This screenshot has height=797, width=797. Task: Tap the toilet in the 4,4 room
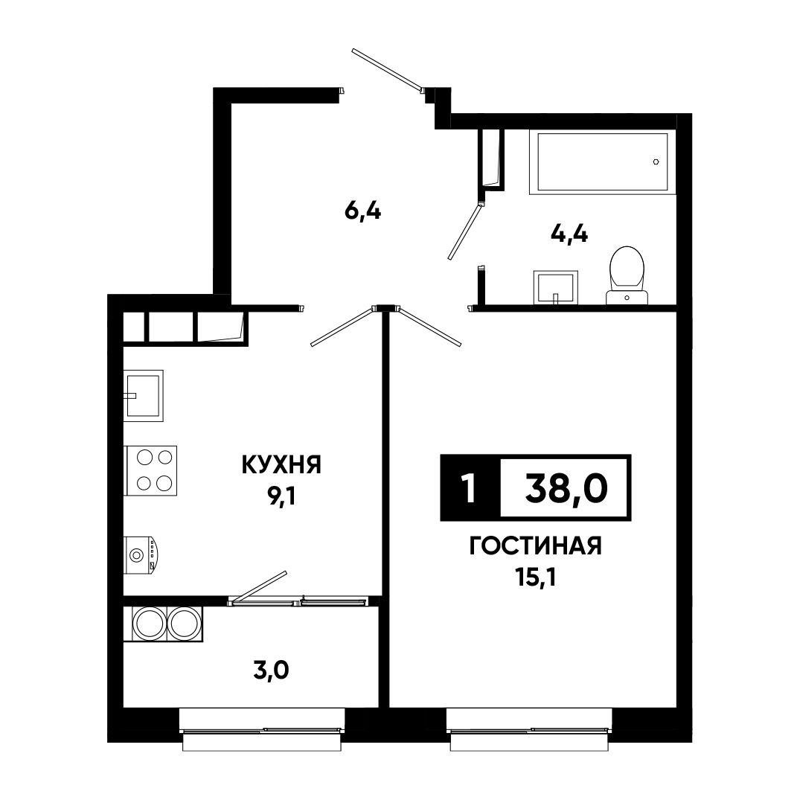[x=627, y=275]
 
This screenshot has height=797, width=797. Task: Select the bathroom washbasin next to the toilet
[x=556, y=287]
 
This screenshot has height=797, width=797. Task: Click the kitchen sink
[x=144, y=396]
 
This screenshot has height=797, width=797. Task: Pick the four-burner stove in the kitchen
[x=150, y=470]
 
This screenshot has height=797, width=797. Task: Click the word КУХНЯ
[x=281, y=464]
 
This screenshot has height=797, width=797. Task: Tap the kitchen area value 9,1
[x=281, y=498]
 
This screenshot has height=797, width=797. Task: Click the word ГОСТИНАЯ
[x=535, y=546]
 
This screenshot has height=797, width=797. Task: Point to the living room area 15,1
[x=535, y=578]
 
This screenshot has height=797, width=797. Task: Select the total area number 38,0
[x=566, y=488]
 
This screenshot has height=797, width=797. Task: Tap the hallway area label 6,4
[x=363, y=211]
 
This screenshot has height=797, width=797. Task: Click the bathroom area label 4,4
[x=569, y=234]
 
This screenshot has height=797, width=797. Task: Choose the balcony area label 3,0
[x=271, y=671]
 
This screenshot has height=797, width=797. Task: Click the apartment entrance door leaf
[x=387, y=71]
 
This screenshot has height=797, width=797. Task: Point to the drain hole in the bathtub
[x=656, y=162]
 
